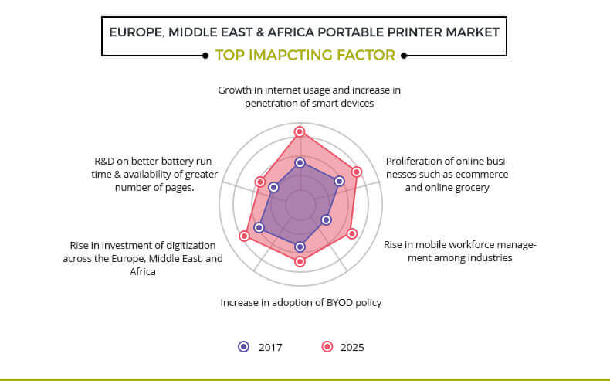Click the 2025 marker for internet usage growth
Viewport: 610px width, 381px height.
299,131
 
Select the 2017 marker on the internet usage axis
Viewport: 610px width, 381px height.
300,162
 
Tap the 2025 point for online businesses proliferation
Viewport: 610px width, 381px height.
357,172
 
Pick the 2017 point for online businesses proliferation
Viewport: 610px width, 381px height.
340,181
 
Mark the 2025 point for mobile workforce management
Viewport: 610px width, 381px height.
351,233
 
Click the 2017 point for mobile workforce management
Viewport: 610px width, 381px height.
327,220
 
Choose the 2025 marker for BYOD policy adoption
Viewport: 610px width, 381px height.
300,261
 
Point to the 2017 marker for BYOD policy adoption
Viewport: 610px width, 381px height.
300,247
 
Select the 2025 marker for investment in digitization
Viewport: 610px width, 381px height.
244,236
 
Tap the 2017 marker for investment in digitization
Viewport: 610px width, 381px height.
259,228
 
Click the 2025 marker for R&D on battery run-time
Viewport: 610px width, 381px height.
260,182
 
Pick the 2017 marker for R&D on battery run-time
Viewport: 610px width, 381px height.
273,188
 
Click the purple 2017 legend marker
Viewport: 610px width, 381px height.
244,347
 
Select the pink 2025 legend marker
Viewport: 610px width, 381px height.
327,347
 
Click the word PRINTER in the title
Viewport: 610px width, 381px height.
415,32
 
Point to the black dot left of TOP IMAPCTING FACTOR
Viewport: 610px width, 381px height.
205,56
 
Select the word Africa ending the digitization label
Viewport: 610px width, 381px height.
143,271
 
